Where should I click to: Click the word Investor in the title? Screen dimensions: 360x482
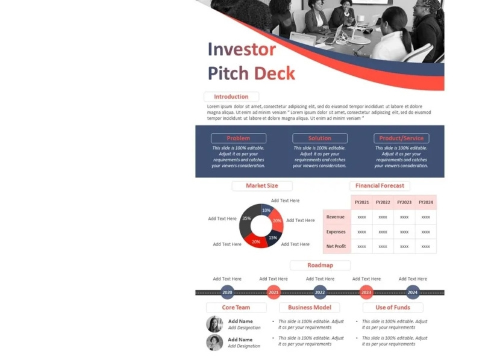[x=242, y=49]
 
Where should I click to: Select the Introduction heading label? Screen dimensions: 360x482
[x=231, y=96]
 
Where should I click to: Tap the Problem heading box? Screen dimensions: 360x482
[x=238, y=138]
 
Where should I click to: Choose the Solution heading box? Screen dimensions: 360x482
[x=320, y=138]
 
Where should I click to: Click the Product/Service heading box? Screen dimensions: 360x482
[x=401, y=138]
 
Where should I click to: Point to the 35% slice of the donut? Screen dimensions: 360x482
[x=246, y=220]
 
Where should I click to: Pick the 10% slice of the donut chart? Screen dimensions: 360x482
[x=266, y=211]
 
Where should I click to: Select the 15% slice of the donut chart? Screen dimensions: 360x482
[x=272, y=237]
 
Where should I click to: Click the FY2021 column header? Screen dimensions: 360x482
[x=361, y=202]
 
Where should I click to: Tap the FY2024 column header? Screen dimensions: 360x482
[x=425, y=202]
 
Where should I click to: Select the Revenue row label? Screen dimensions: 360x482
[x=336, y=217]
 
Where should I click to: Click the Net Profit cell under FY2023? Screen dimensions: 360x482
[x=404, y=246]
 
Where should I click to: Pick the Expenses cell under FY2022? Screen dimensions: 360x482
[x=383, y=232]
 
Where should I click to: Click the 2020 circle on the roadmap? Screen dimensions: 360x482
[x=227, y=293]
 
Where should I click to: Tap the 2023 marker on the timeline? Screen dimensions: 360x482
[x=366, y=293]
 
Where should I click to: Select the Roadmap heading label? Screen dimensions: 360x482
[x=320, y=265]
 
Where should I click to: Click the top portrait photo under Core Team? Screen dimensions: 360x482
[x=214, y=324]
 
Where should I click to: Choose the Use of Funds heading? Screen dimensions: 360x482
[x=393, y=308]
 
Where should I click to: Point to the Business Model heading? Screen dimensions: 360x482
[x=309, y=308]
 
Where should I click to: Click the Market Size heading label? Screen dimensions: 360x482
[x=261, y=186]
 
